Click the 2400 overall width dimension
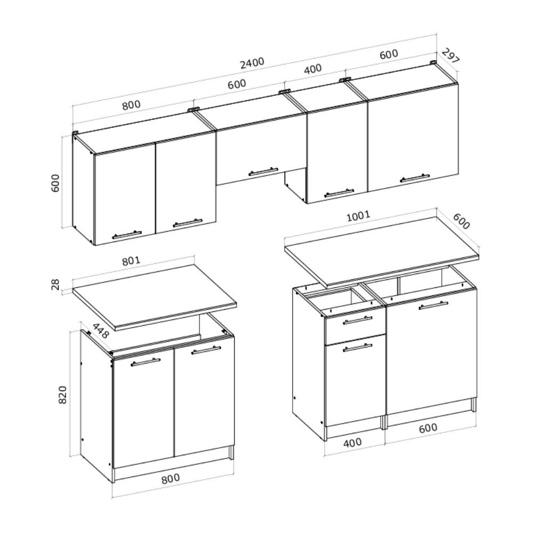(x=252, y=62)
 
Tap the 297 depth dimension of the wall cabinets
(x=451, y=56)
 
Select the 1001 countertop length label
(x=358, y=216)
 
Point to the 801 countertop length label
(x=131, y=261)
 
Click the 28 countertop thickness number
(x=55, y=284)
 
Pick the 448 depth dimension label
(x=101, y=331)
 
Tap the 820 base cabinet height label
(x=62, y=394)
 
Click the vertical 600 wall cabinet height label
(x=55, y=183)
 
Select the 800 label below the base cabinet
(x=171, y=479)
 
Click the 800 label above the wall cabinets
(x=131, y=104)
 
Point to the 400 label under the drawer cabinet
(x=352, y=442)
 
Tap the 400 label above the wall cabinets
(x=312, y=69)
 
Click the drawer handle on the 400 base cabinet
(x=358, y=320)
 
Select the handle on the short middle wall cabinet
(x=263, y=172)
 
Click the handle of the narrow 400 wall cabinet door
(x=339, y=193)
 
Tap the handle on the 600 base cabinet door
(x=433, y=305)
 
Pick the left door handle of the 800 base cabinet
(x=146, y=362)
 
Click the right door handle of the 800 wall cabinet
(x=188, y=223)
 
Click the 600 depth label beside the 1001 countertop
(x=461, y=221)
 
